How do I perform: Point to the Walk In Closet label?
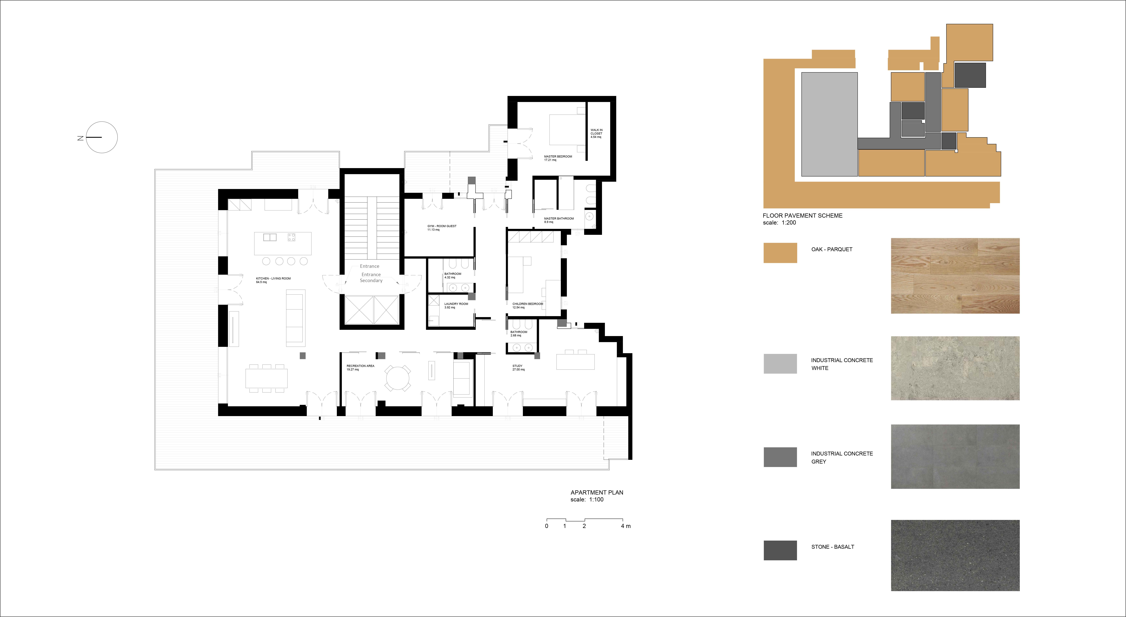[596, 133]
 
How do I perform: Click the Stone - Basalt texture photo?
[955, 555]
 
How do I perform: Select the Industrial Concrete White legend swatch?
[780, 364]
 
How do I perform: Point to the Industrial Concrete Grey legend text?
[842, 458]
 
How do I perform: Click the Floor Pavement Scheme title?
[802, 215]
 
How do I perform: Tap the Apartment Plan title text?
[597, 492]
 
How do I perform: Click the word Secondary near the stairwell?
[371, 280]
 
